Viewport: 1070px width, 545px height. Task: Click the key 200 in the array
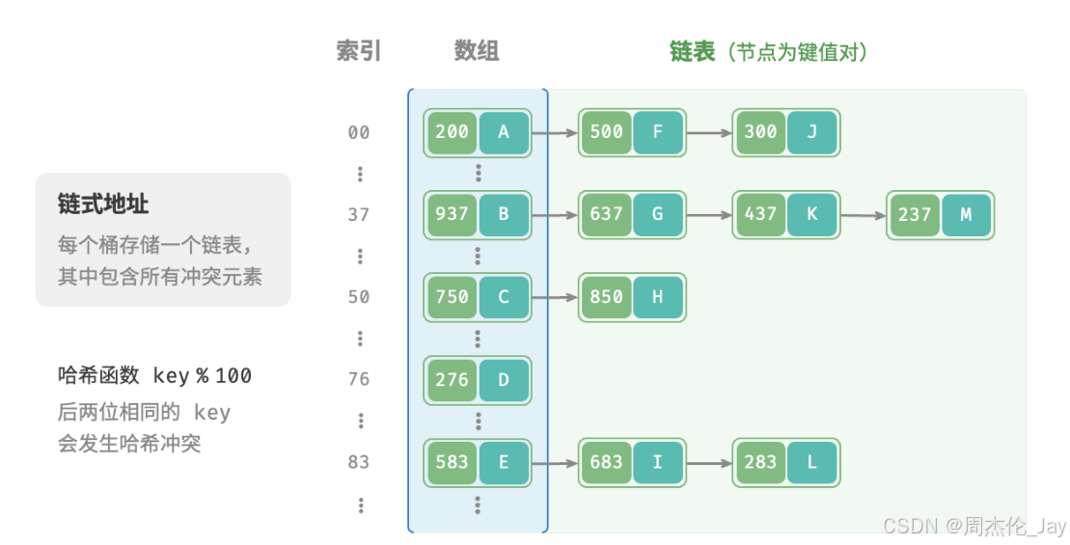[452, 132]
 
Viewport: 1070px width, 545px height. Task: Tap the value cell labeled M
[966, 215]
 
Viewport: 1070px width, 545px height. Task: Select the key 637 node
[606, 214]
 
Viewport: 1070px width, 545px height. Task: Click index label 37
[359, 214]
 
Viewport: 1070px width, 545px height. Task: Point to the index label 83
[359, 462]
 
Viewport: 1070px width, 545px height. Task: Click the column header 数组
[477, 51]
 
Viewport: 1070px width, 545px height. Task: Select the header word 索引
[359, 51]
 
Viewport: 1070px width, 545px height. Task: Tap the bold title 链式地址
[103, 204]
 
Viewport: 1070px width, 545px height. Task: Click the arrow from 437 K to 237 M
[864, 215]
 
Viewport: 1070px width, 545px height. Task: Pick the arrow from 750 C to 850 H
[555, 297]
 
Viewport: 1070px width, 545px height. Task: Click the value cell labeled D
[503, 379]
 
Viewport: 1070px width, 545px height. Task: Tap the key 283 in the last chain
[760, 462]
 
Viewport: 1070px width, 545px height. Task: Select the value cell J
[811, 132]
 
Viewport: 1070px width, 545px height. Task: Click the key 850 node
[606, 297]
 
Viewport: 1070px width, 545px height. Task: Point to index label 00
[359, 132]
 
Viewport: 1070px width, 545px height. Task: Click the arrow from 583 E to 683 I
[555, 462]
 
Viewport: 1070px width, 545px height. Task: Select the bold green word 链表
[693, 51]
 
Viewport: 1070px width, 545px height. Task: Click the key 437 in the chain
[760, 214]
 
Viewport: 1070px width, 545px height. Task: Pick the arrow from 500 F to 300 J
[709, 132]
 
